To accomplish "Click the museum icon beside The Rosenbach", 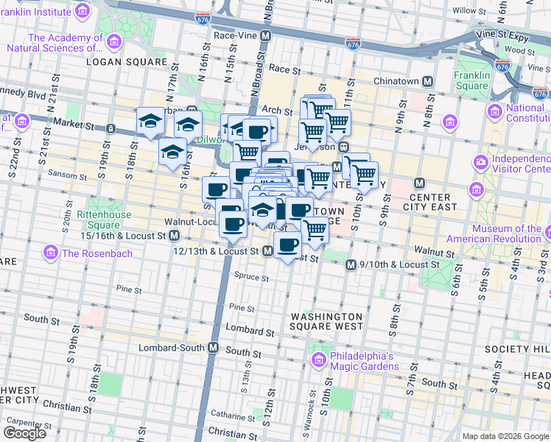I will click(x=50, y=253).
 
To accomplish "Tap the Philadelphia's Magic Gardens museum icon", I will click(x=318, y=360).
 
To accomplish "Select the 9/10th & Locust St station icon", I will click(x=351, y=264).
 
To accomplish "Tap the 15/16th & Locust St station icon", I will click(x=175, y=235).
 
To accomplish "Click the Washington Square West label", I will click(x=326, y=320).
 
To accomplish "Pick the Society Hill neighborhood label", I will click(x=524, y=348).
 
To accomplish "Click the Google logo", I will click(x=24, y=433).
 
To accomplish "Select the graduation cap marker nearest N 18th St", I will click(x=150, y=121).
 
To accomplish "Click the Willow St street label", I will click(x=465, y=10).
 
